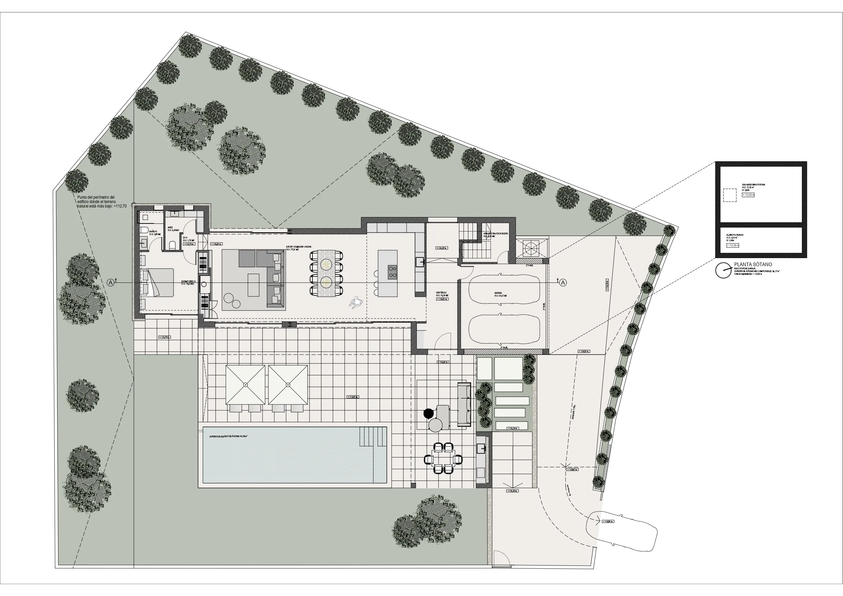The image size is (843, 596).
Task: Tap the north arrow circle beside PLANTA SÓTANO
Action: click(x=723, y=270)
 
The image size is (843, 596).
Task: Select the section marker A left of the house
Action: click(x=110, y=283)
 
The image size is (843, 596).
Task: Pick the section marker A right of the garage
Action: click(x=563, y=283)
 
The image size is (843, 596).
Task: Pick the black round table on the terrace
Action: click(x=429, y=414)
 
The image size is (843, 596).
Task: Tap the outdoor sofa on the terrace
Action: click(x=464, y=404)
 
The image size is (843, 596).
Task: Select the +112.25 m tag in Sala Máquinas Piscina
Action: click(x=748, y=195)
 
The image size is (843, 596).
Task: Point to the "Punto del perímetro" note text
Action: click(x=102, y=202)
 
